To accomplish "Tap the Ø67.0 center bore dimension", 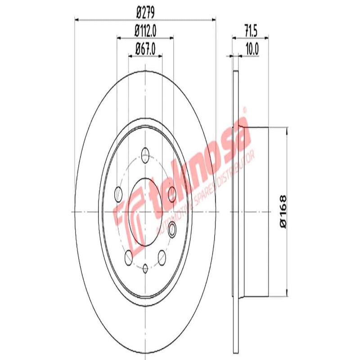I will [x=145, y=48].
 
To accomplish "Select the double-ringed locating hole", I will [x=172, y=231].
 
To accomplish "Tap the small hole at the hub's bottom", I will [x=145, y=268].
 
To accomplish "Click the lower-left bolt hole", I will [x=129, y=257].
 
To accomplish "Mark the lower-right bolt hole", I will [x=161, y=257].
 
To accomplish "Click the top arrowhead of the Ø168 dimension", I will [x=286, y=130].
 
